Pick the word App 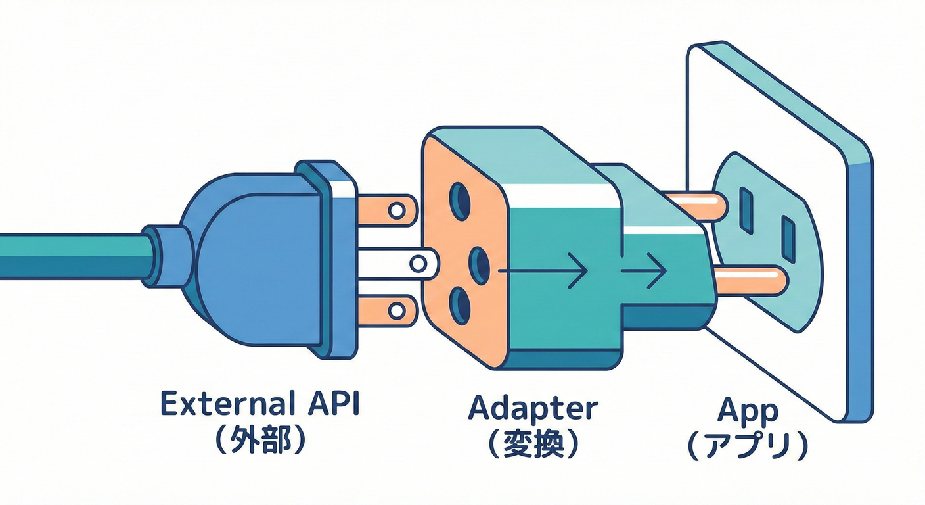coord(748,412)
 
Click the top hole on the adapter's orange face coord(459,201)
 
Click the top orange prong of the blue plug coord(388,210)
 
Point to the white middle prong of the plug coord(394,264)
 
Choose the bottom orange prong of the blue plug coord(388,309)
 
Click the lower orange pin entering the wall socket coord(749,279)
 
